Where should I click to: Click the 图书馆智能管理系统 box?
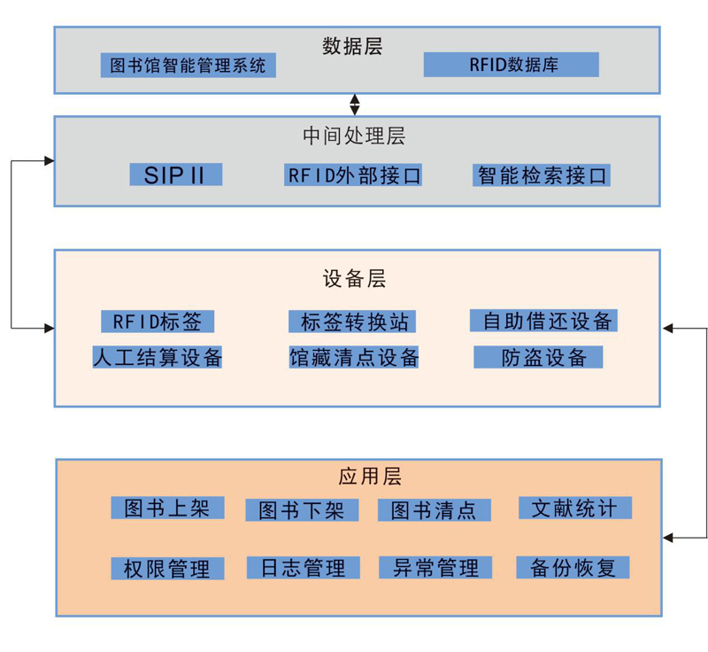[188, 66]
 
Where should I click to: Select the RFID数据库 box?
[511, 65]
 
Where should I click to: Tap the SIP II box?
[174, 175]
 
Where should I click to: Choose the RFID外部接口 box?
[353, 175]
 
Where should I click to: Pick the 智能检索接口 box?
[542, 175]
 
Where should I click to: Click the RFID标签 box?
[158, 321]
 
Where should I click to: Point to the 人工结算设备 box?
[158, 357]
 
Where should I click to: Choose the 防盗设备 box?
[538, 357]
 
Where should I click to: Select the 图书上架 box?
[167, 508]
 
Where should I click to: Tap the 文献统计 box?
[575, 508]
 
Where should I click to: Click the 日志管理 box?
[304, 568]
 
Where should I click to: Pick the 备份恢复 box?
[573, 568]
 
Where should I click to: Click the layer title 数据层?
[353, 44]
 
